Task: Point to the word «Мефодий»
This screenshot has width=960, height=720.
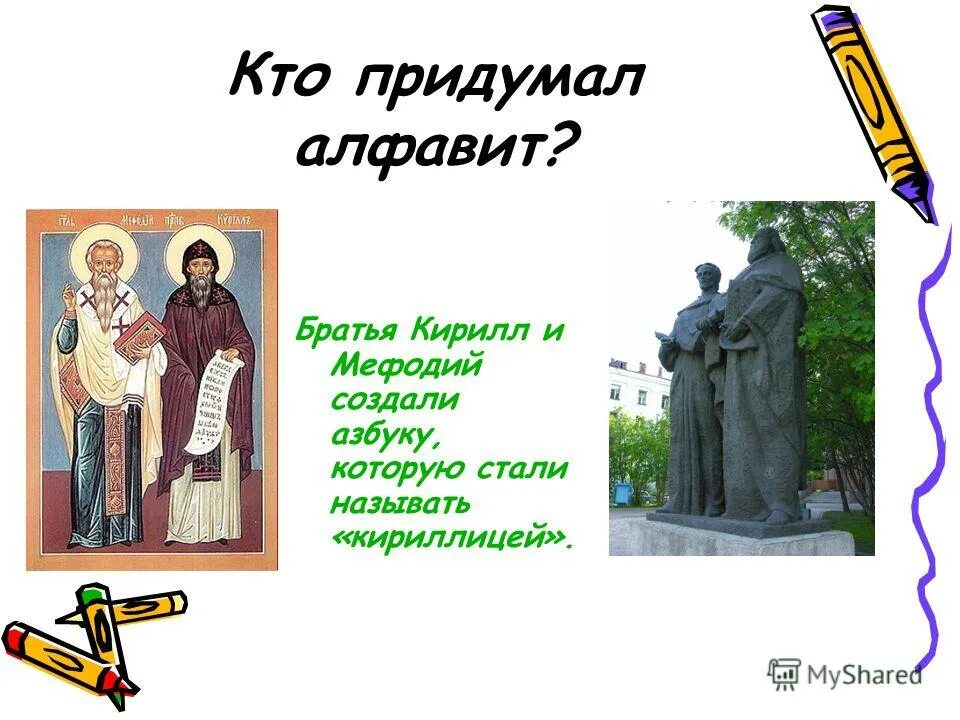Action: coord(406,366)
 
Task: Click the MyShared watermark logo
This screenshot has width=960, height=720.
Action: coord(845,674)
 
